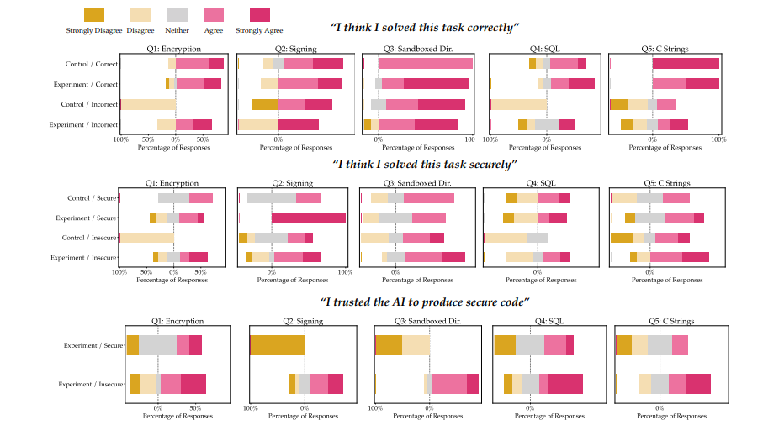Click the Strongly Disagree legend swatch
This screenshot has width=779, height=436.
93,14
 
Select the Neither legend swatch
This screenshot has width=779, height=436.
178,14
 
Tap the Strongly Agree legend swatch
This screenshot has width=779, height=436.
260,14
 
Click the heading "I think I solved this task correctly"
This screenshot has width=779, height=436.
424,29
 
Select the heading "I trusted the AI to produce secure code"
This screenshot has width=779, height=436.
424,302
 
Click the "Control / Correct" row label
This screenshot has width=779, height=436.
92,64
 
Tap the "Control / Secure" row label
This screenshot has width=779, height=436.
93,198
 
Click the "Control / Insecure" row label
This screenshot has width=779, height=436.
90,238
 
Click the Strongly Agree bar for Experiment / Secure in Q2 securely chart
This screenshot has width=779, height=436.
308,218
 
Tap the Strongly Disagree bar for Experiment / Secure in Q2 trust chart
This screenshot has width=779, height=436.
278,345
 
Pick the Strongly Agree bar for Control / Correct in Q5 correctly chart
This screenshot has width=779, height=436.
686,64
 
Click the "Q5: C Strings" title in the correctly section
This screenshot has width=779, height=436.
665,49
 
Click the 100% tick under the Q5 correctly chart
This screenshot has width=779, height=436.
718,139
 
